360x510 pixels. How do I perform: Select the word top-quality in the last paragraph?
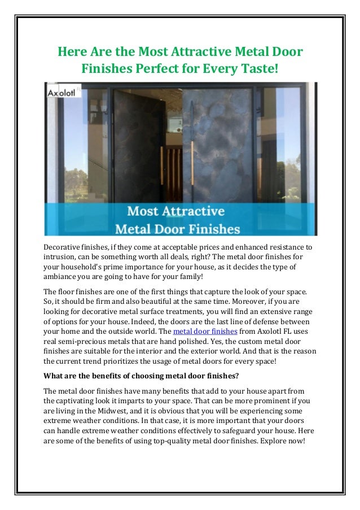point(167,441)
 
